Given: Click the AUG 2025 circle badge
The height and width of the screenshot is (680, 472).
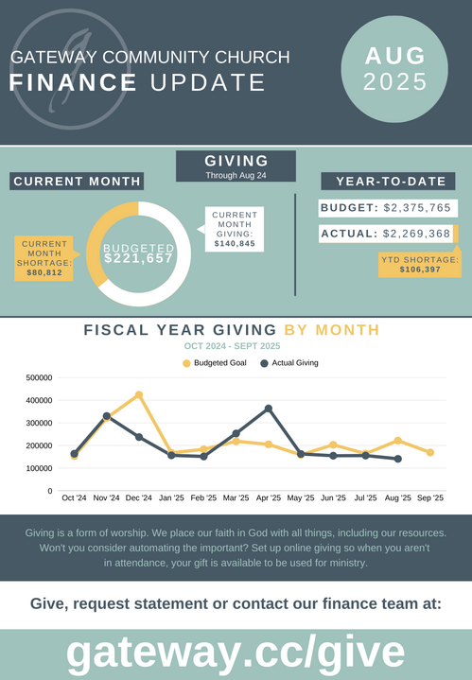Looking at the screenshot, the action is click(394, 69).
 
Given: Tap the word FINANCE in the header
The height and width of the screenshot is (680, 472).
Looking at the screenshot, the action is click(73, 82).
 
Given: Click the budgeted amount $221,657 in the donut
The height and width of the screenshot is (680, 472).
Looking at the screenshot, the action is click(138, 258).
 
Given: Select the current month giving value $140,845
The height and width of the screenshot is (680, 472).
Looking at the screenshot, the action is click(235, 244).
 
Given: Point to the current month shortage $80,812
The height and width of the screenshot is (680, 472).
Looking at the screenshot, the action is click(44, 272).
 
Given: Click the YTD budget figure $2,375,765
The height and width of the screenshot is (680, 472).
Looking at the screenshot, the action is click(417, 208).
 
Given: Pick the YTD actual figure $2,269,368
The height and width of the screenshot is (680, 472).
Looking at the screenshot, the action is click(416, 234).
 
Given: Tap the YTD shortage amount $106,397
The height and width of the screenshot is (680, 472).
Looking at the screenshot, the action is click(420, 270).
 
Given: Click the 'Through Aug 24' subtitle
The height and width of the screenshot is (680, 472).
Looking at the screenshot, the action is click(236, 176).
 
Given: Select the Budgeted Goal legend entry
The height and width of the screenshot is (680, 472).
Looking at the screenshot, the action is click(215, 363).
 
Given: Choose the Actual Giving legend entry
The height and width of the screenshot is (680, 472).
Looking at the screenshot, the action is click(289, 363).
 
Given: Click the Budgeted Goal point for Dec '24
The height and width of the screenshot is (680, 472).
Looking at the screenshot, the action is click(139, 394).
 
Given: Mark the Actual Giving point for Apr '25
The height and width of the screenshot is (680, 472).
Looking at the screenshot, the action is click(269, 409).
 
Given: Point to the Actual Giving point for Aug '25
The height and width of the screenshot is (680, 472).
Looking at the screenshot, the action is click(398, 459).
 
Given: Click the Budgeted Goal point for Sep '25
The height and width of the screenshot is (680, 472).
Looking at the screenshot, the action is click(430, 452).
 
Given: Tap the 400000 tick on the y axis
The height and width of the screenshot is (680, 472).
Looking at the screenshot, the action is click(39, 400).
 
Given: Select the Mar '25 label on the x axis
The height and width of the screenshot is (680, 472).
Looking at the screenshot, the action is click(236, 497).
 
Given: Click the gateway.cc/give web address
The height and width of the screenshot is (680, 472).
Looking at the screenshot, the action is click(236, 653).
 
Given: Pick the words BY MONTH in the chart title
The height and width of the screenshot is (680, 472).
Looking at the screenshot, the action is click(332, 330).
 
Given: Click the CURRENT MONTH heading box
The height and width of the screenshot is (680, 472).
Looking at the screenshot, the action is click(77, 182).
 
